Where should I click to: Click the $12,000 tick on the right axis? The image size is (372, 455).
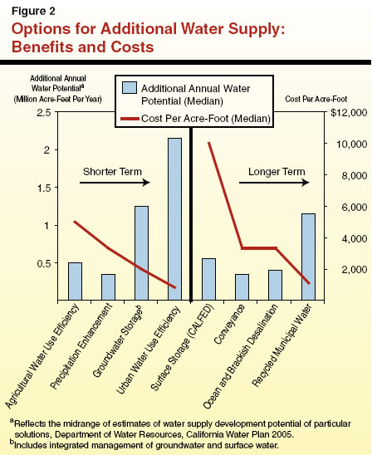(x=343, y=112)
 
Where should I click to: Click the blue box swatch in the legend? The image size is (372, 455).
(x=129, y=88)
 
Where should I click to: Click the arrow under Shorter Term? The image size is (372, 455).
(x=115, y=183)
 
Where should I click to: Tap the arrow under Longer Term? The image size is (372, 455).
(x=267, y=183)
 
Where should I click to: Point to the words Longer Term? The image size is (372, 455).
(x=267, y=171)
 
